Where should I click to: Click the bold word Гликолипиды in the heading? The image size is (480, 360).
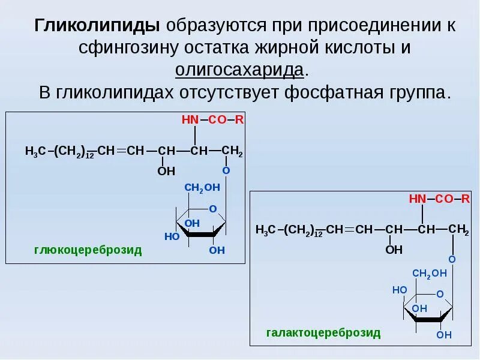[97, 25]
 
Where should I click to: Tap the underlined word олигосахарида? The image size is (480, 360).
[240, 69]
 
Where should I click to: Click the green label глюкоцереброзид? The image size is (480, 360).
[88, 250]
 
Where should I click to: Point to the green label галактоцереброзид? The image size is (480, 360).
[323, 333]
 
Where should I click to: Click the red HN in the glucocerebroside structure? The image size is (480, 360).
[190, 119]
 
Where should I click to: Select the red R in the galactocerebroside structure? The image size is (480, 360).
[466, 199]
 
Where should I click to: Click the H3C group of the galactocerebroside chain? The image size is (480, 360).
[266, 230]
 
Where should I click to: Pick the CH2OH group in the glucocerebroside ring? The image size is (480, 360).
[202, 188]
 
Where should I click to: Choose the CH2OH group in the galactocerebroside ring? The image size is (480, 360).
[429, 273]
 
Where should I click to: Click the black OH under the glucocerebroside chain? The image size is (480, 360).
[166, 172]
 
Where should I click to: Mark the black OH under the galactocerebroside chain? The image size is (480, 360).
[394, 250]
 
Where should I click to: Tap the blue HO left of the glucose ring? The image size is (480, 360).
[172, 236]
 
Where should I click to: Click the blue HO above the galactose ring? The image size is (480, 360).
[400, 289]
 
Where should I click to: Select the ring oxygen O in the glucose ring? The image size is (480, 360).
[212, 209]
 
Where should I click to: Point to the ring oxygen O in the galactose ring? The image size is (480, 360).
[440, 294]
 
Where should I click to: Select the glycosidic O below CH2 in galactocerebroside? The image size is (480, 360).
[452, 259]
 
